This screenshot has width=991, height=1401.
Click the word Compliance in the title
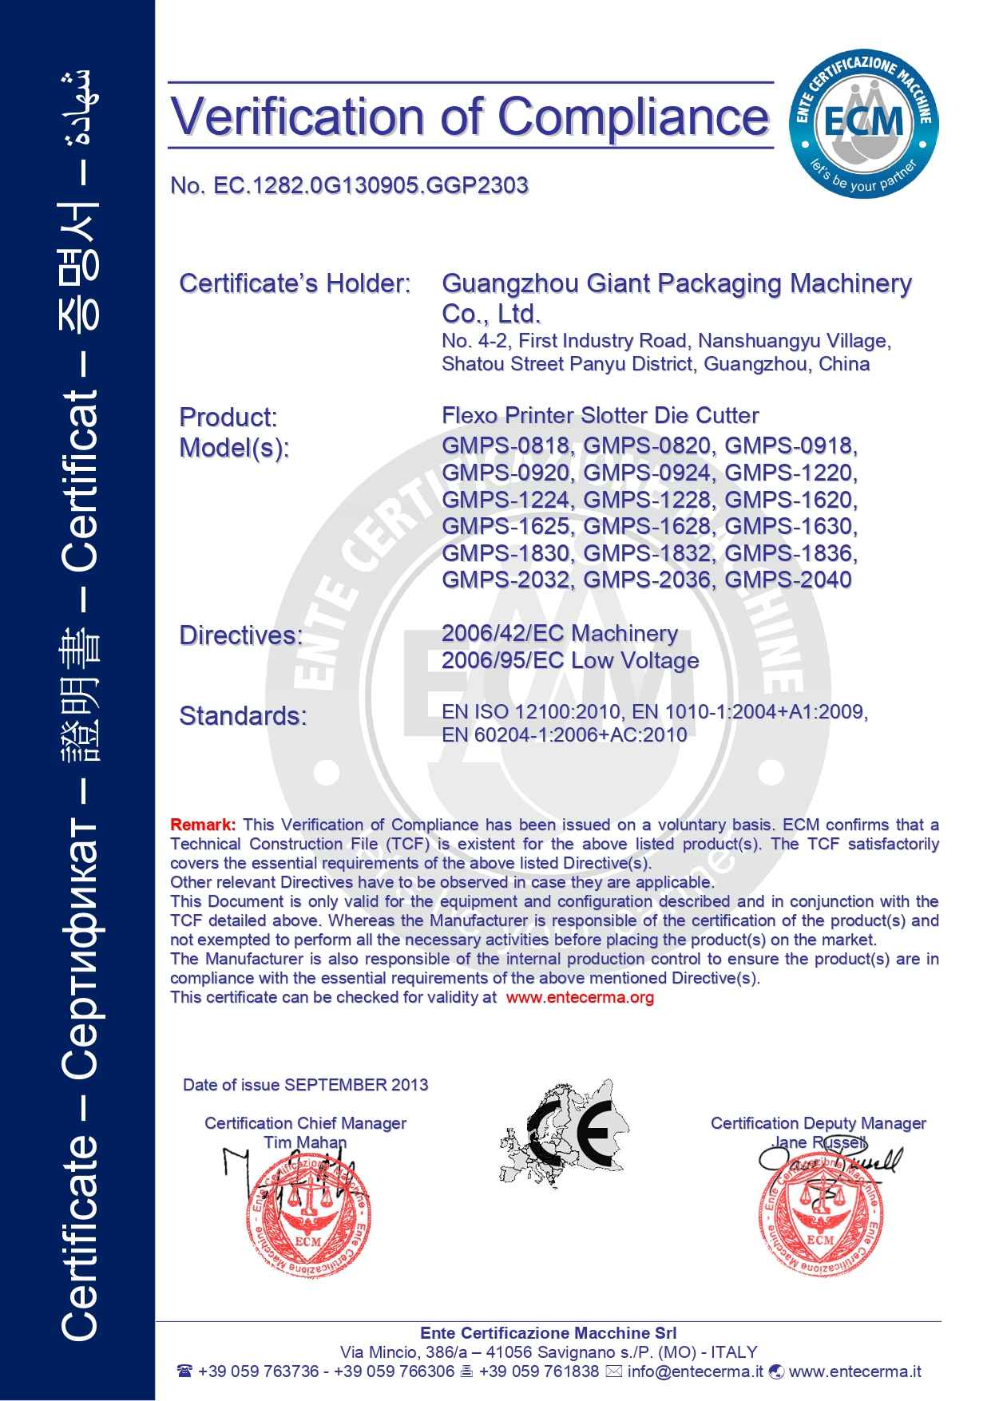(633, 116)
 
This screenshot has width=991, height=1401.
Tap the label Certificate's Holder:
(295, 283)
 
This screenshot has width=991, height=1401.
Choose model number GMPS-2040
(788, 580)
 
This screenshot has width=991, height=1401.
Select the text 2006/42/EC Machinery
(559, 634)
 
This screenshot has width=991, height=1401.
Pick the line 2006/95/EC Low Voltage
(569, 661)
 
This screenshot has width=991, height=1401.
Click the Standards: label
(243, 716)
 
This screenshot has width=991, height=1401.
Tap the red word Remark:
(203, 825)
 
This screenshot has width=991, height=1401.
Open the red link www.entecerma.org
(580, 997)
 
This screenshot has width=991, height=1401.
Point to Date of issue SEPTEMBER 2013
(305, 1085)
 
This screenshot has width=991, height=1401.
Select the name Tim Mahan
(305, 1142)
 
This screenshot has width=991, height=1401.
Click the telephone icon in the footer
(185, 1371)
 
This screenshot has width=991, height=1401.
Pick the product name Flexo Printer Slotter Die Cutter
(600, 416)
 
